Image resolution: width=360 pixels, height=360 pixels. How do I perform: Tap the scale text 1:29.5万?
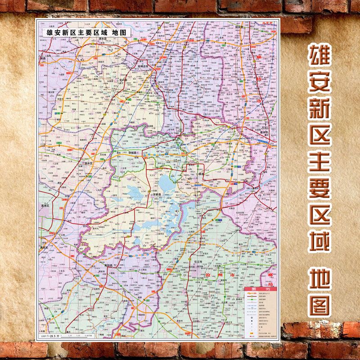coord(52,335)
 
